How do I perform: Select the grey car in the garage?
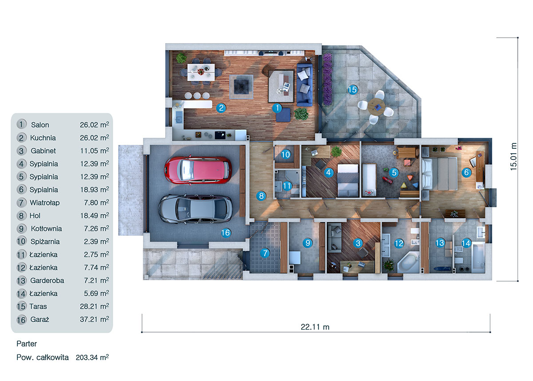tap(195, 209)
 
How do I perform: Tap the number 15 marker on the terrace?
tap(352, 90)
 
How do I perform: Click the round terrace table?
tap(377, 106)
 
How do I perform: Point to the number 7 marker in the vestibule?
tap(265, 254)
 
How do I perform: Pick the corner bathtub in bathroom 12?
tap(407, 262)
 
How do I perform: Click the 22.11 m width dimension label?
tap(315, 327)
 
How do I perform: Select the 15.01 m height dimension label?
tap(514, 157)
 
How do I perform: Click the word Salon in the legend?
tap(40, 125)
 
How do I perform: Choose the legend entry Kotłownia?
tap(46, 229)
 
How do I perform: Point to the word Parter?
tap(27, 344)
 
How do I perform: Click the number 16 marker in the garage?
tap(226, 233)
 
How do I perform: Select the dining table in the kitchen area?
tap(200, 71)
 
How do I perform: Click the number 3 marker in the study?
tap(358, 243)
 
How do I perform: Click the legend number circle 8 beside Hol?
tap(21, 216)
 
